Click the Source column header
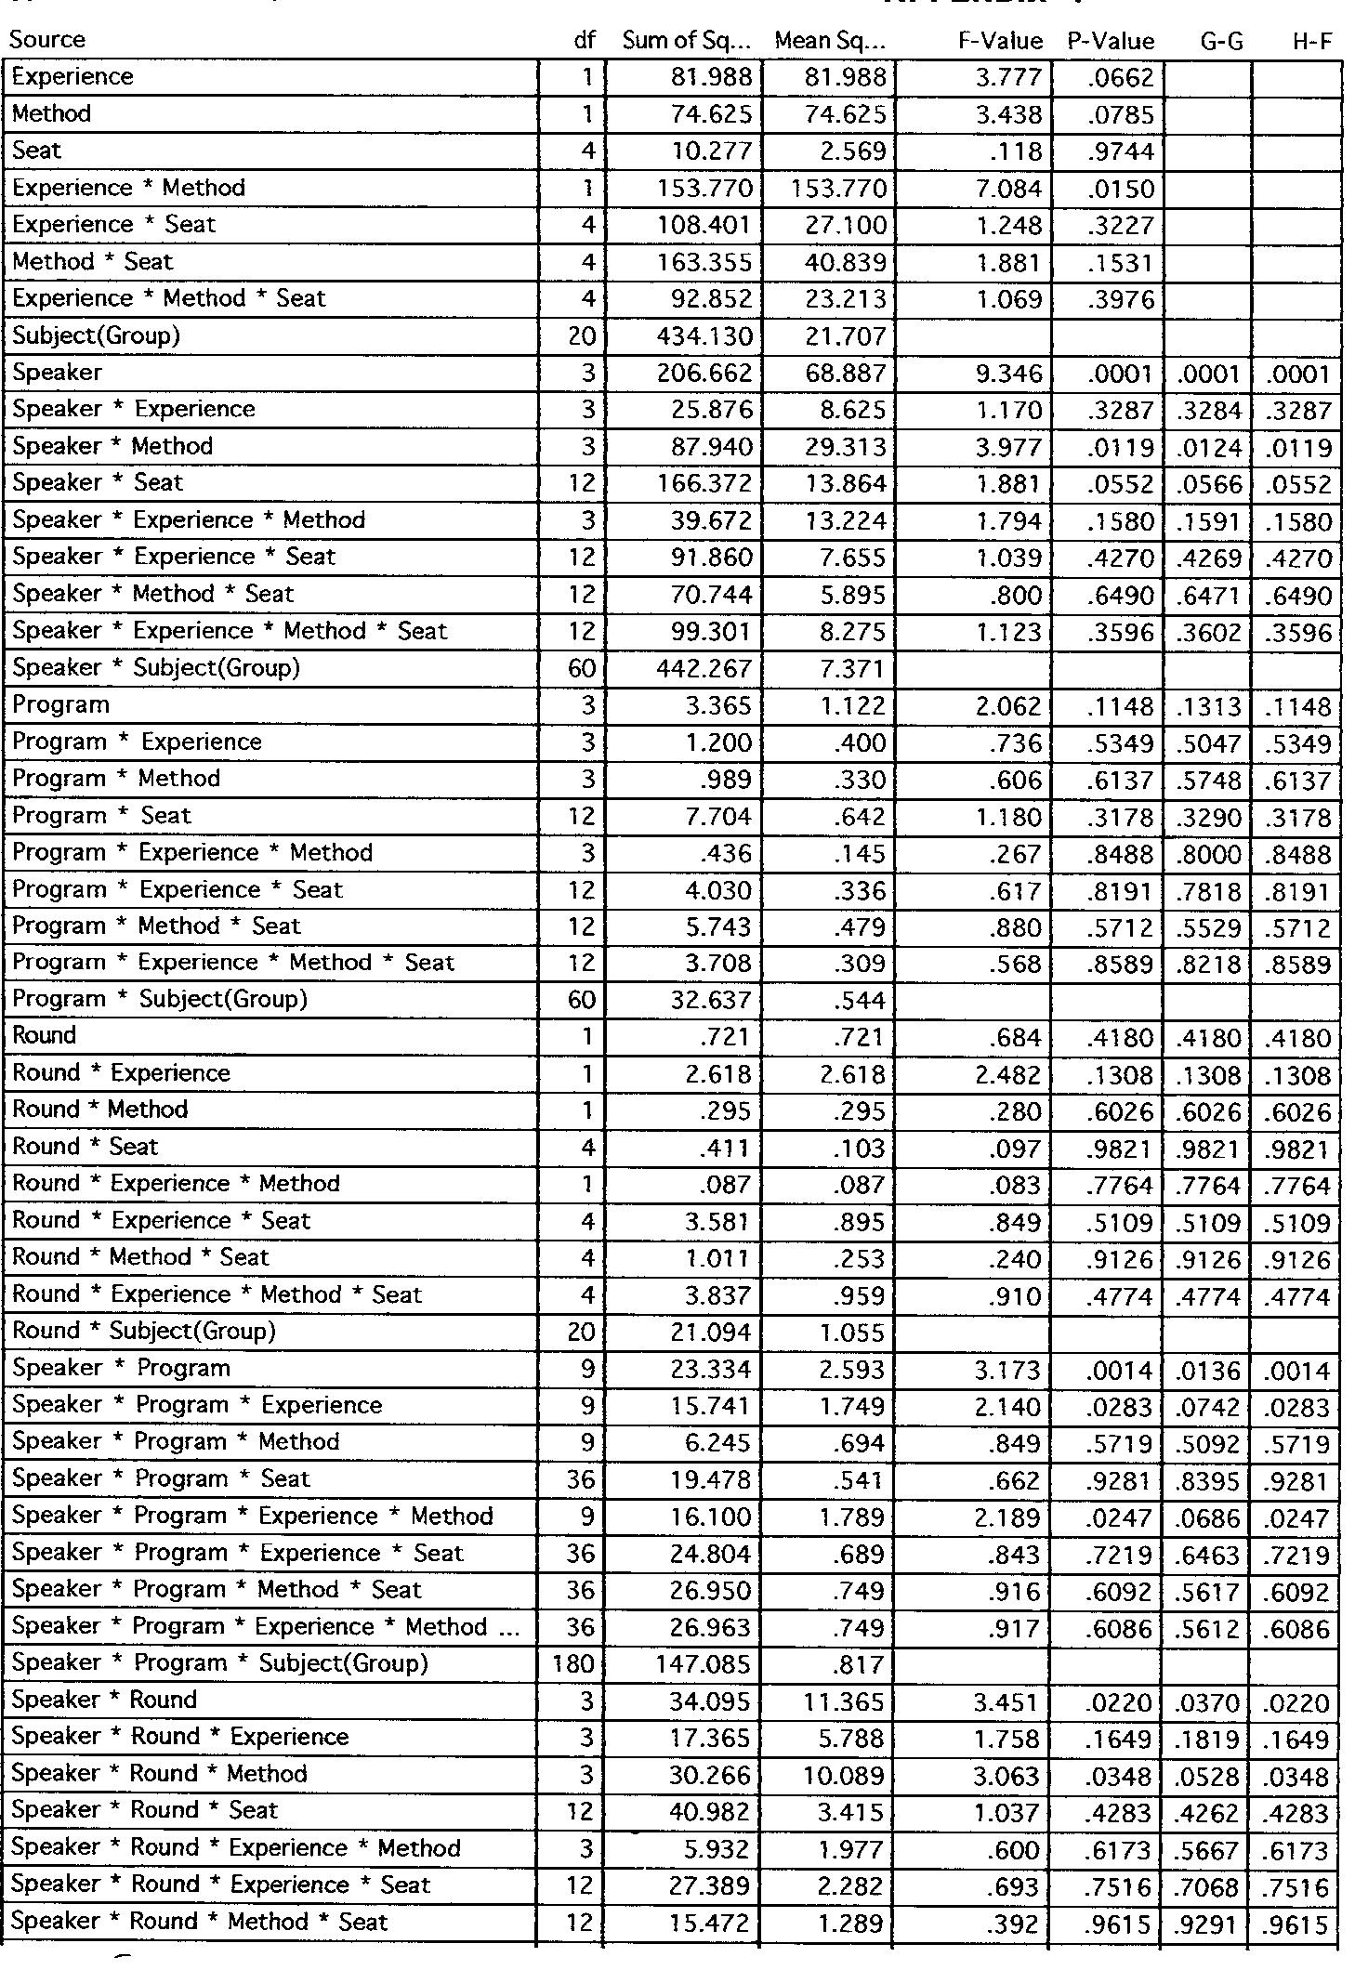tap(46, 40)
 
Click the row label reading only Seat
tap(37, 151)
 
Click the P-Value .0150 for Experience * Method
tap(1121, 190)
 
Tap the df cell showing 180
tap(572, 1663)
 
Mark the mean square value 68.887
tap(847, 374)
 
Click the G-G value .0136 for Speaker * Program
tap(1209, 1371)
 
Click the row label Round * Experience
tap(121, 1073)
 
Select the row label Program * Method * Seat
tap(156, 926)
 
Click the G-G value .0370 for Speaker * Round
tap(1209, 1702)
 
